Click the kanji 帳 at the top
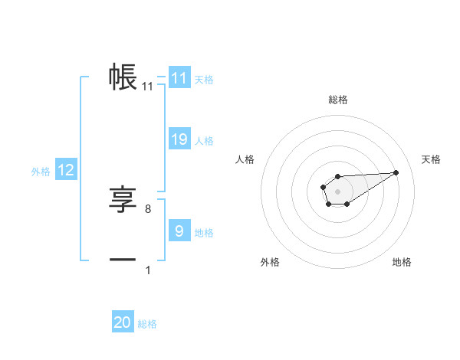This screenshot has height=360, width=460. (x=123, y=77)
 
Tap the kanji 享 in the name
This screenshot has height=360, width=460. (x=123, y=200)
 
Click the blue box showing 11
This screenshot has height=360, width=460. (x=179, y=78)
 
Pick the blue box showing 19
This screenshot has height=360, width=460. (x=179, y=139)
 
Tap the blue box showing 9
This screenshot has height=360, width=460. (x=179, y=231)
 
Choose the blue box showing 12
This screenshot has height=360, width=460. (x=65, y=170)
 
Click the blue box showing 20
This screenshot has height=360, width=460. (x=123, y=322)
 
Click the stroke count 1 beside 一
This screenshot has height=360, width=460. (x=147, y=270)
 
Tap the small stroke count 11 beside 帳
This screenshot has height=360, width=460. (x=147, y=87)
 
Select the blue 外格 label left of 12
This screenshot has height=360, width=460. (x=41, y=172)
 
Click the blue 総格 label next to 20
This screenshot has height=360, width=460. (x=147, y=324)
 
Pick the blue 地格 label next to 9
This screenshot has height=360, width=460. (x=204, y=233)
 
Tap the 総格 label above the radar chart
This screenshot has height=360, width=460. (x=337, y=100)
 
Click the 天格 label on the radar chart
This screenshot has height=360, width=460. (x=432, y=159)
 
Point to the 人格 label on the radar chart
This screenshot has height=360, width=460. (x=245, y=159)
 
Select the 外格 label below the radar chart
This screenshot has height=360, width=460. (x=270, y=262)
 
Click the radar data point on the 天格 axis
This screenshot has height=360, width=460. (x=396, y=172)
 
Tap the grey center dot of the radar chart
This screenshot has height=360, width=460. (x=337, y=190)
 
